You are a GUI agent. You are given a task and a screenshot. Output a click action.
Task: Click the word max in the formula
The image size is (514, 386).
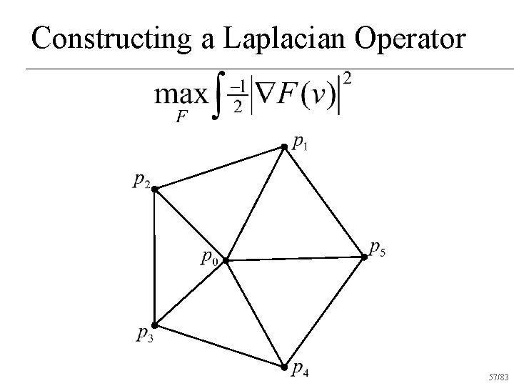point(181,96)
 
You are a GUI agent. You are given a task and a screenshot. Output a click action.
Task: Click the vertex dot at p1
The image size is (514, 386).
point(283,147)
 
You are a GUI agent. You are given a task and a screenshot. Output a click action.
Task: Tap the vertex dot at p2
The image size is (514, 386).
point(153,189)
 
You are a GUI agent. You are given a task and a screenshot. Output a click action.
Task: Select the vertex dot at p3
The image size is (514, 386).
point(153,325)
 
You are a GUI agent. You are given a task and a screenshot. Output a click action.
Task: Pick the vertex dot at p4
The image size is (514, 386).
point(283,368)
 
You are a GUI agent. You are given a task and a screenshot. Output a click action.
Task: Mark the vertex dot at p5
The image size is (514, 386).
point(363,256)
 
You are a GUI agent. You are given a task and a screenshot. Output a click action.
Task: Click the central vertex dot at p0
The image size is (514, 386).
point(225,261)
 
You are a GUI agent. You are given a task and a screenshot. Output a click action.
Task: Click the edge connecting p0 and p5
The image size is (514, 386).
point(294,258)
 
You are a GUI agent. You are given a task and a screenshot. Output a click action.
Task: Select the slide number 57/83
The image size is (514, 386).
point(498,375)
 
